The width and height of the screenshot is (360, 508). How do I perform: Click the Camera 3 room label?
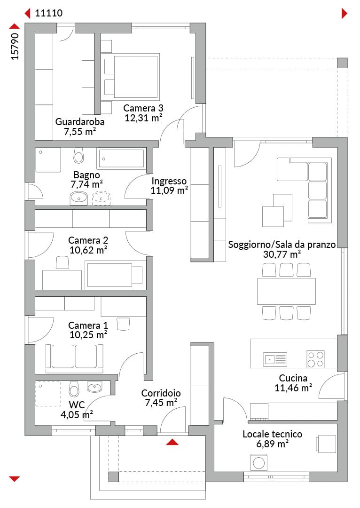[x=143, y=108]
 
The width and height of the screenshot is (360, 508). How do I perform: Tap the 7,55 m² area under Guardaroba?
[x=80, y=132]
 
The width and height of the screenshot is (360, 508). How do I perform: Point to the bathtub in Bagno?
[x=121, y=159]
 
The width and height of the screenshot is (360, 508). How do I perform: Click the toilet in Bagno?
[x=78, y=156]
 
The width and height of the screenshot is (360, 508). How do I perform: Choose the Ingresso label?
[x=169, y=181]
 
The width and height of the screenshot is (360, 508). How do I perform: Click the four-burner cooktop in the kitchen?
[x=316, y=359]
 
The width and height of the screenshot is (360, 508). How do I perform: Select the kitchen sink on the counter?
[x=275, y=359]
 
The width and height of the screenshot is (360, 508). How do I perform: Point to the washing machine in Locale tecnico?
[x=259, y=462]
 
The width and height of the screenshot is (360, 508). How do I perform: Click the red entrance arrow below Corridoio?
[x=172, y=442]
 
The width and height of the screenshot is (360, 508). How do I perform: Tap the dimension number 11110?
[x=49, y=13]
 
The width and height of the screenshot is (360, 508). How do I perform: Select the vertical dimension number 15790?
[x=15, y=46]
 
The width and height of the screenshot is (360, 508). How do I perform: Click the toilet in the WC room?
[x=74, y=389]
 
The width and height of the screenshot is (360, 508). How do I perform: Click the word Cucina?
[x=293, y=378]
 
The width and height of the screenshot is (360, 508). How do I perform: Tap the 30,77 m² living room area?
[x=282, y=254]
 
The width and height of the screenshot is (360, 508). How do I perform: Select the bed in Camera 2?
[x=114, y=275]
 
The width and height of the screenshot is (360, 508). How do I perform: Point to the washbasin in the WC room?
[x=94, y=387]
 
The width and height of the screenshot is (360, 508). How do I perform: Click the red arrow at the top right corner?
[x=344, y=13]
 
